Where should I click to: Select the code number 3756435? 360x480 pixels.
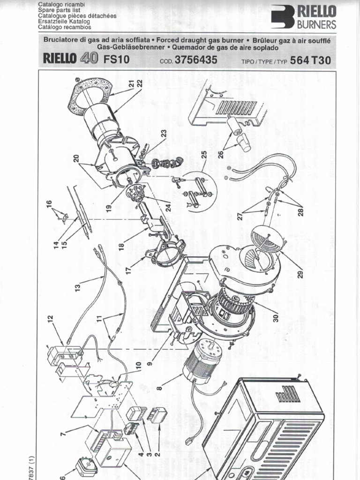click(x=195, y=60)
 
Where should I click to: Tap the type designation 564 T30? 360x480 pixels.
click(x=310, y=60)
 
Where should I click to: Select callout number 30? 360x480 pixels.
click(x=276, y=317)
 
